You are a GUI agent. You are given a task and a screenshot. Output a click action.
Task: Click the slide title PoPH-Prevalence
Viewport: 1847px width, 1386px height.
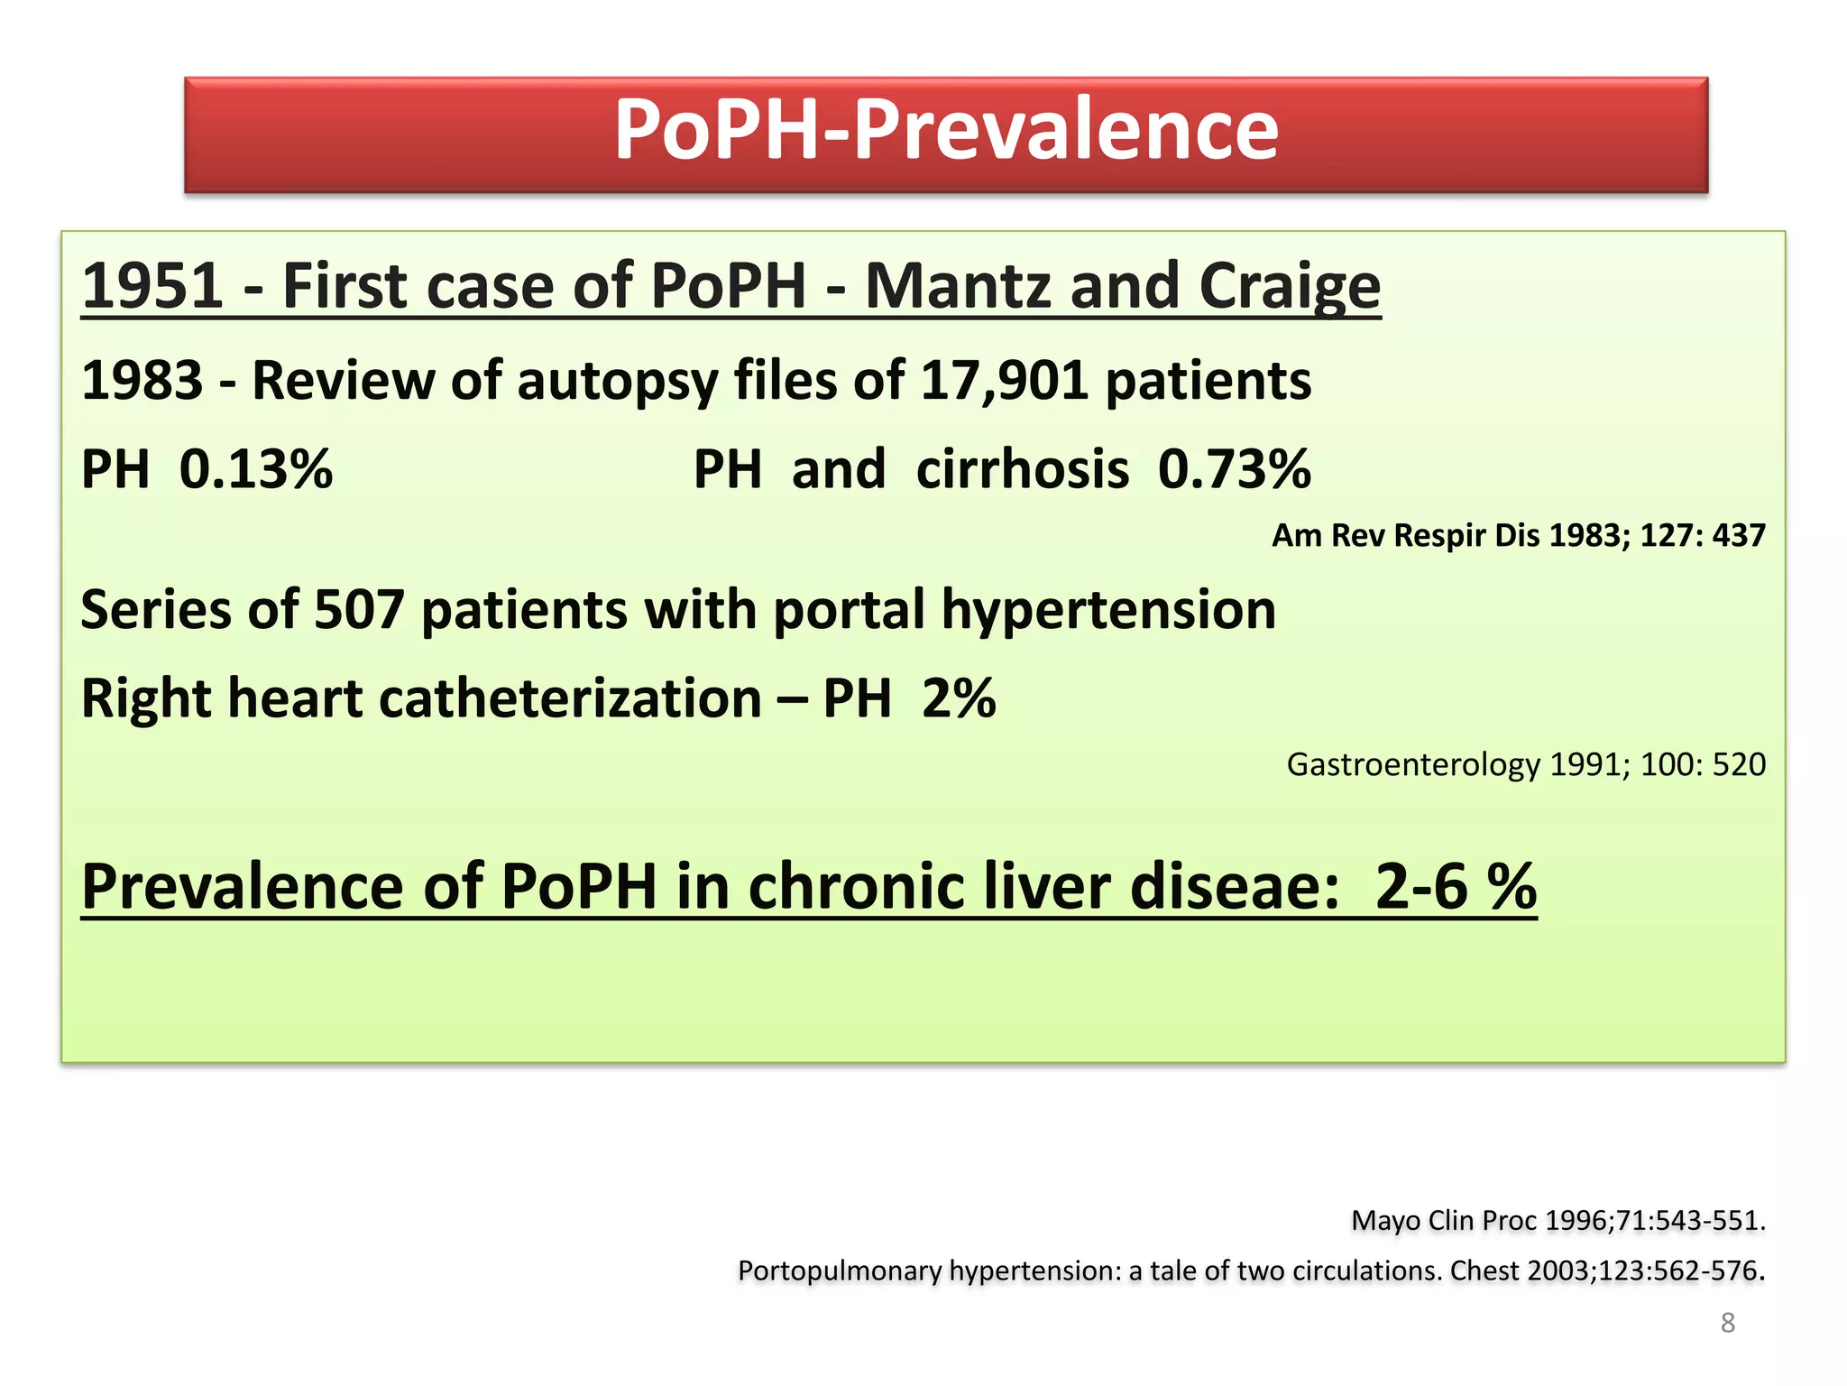(946, 130)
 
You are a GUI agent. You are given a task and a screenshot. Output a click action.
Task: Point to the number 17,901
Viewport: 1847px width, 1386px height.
(1003, 380)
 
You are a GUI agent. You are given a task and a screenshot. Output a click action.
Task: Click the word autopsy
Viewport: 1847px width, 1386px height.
(617, 382)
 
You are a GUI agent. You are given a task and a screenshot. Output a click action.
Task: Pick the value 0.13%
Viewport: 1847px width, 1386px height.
(256, 470)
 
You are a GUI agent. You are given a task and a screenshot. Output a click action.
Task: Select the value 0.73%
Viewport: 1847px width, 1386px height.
(1234, 470)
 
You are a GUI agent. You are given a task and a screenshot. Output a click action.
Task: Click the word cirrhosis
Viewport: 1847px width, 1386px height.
(1022, 470)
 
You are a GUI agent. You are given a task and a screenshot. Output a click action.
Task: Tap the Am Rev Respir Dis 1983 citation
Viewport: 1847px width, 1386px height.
(1518, 536)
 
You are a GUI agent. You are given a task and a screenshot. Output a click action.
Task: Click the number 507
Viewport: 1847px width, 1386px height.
(359, 610)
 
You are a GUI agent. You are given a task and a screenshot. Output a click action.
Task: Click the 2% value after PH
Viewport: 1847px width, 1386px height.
(959, 699)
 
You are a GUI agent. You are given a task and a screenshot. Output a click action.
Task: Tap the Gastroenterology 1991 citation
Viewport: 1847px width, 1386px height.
(1525, 765)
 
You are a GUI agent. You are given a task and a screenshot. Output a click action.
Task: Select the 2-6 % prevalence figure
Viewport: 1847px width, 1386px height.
(1455, 886)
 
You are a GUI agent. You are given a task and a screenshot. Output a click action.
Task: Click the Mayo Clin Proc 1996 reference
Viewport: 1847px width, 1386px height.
(1558, 1221)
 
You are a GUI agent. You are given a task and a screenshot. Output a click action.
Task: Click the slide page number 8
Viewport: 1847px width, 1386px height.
(1727, 1323)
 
